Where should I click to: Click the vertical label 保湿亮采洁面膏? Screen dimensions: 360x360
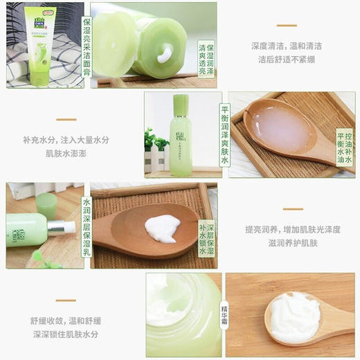click(x=86, y=45)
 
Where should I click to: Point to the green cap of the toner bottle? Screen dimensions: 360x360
click(x=180, y=105)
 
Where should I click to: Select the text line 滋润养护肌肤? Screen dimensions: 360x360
click(x=291, y=243)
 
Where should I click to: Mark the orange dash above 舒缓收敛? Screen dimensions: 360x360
click(x=66, y=301)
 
